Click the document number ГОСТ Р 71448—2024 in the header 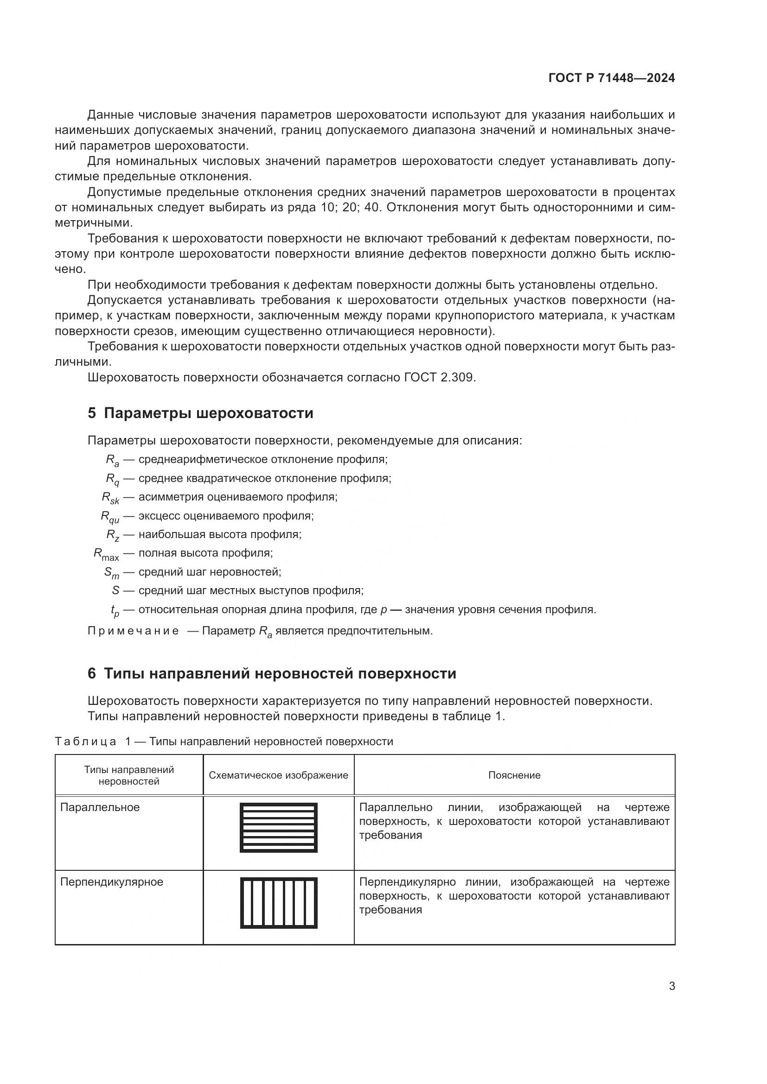coord(612,78)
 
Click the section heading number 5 coord(92,413)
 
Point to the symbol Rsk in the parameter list coord(110,498)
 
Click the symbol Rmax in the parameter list coord(106,554)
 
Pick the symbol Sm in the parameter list coord(111,573)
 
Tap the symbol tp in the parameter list coord(115,610)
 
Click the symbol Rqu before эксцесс coord(110,516)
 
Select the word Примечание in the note coord(133,631)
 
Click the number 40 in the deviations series coord(372,207)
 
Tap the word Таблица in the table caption coord(85,741)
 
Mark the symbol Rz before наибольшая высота coord(112,535)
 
